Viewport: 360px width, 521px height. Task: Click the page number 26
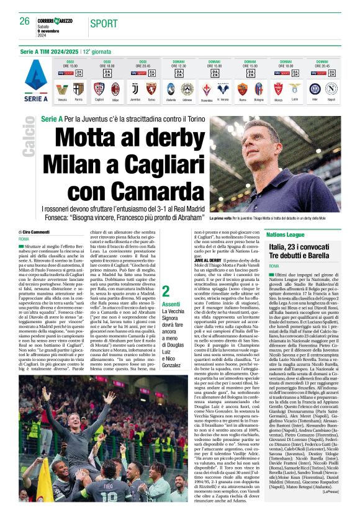tap(25, 21)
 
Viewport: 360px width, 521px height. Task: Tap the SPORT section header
tap(103, 24)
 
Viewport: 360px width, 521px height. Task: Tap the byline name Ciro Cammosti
tap(39, 230)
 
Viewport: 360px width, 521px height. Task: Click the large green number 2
tap(165, 291)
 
